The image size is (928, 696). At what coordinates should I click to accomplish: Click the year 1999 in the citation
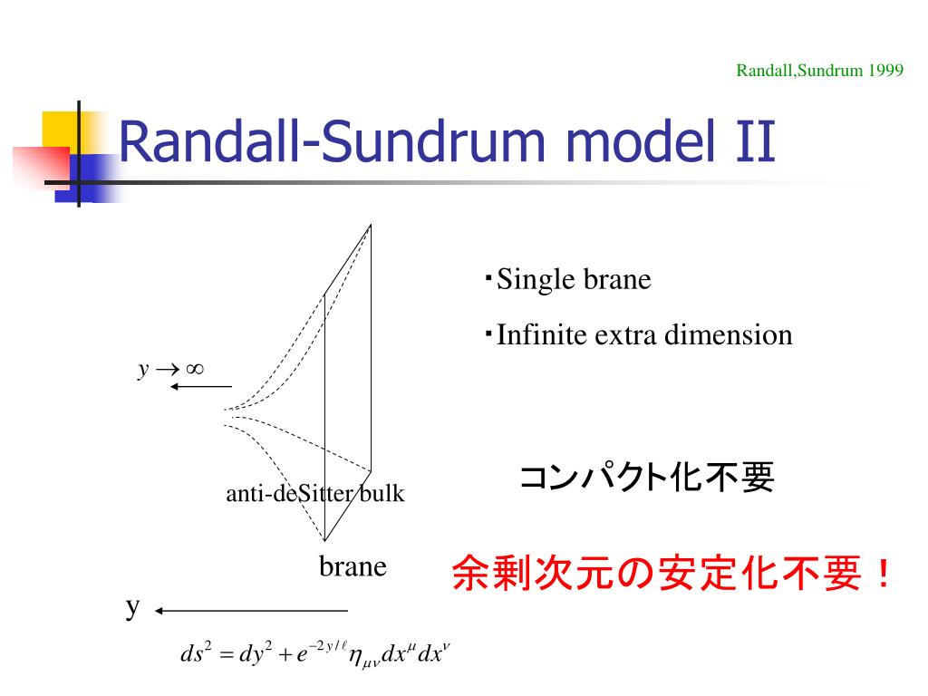pyautogui.click(x=885, y=71)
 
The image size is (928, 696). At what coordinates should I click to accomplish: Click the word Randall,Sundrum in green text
pyautogui.click(x=799, y=71)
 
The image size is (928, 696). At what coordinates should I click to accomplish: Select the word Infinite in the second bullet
pyautogui.click(x=542, y=334)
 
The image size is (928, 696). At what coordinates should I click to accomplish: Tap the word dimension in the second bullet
pyautogui.click(x=729, y=335)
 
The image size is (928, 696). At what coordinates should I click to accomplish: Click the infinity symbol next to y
pyautogui.click(x=195, y=370)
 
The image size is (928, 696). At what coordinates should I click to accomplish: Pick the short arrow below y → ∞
pyautogui.click(x=200, y=386)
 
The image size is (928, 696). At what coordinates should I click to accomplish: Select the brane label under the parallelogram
pyautogui.click(x=353, y=566)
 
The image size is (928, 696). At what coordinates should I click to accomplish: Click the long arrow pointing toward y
pyautogui.click(x=252, y=611)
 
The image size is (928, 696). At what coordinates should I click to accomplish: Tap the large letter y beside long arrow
pyautogui.click(x=132, y=608)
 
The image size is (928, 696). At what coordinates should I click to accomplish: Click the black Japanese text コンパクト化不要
pyautogui.click(x=647, y=477)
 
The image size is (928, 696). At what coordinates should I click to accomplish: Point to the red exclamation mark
pyautogui.click(x=884, y=574)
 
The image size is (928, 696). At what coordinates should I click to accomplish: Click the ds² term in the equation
pyautogui.click(x=197, y=652)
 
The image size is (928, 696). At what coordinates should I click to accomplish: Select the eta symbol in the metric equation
pyautogui.click(x=355, y=656)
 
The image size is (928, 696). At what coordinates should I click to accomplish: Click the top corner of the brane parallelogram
pyautogui.click(x=371, y=225)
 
